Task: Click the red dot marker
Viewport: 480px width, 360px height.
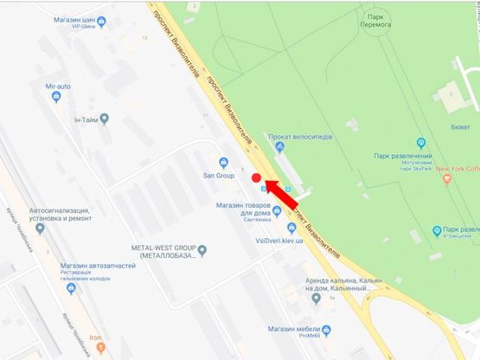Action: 256,177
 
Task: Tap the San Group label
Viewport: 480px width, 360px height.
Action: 219,175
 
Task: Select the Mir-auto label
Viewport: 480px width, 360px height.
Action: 57,86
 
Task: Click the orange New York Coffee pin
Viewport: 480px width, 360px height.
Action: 446,178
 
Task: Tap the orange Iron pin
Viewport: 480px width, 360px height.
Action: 100,347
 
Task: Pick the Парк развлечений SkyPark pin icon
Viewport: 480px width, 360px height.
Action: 421,143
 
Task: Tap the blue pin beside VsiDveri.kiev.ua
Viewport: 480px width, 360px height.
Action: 292,228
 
